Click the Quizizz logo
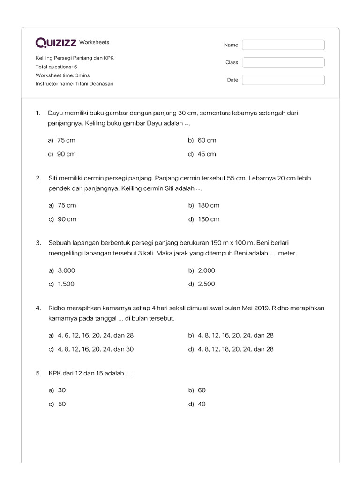pos(56,43)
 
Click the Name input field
pos(283,45)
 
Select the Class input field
pos(283,62)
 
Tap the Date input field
pos(283,80)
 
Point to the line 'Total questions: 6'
pos(56,67)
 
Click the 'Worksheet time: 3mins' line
pos(62,75)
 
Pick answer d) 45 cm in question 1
pos(202,154)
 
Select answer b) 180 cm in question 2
pos(204,205)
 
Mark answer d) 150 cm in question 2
pos(204,219)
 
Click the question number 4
pos(38,308)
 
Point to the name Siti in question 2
pos(54,178)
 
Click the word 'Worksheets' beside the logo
pos(94,42)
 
